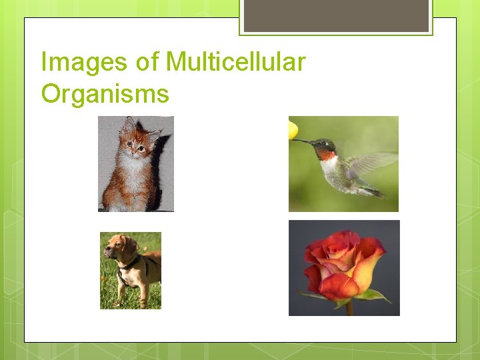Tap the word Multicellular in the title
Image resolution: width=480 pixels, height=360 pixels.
tap(235, 62)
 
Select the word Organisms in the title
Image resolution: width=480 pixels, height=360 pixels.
tap(105, 93)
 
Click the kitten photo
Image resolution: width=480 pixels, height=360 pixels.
tap(136, 164)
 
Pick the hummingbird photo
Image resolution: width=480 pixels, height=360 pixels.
tap(343, 164)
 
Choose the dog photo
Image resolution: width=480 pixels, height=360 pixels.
tap(131, 271)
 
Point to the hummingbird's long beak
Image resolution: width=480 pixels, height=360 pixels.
tap(303, 141)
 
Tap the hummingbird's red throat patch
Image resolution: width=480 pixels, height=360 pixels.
tap(326, 154)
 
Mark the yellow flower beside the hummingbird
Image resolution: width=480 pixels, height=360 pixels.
tap(293, 129)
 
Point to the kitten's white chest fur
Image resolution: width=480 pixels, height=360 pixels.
tap(136, 177)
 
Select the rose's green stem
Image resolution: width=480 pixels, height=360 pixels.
tap(349, 307)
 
